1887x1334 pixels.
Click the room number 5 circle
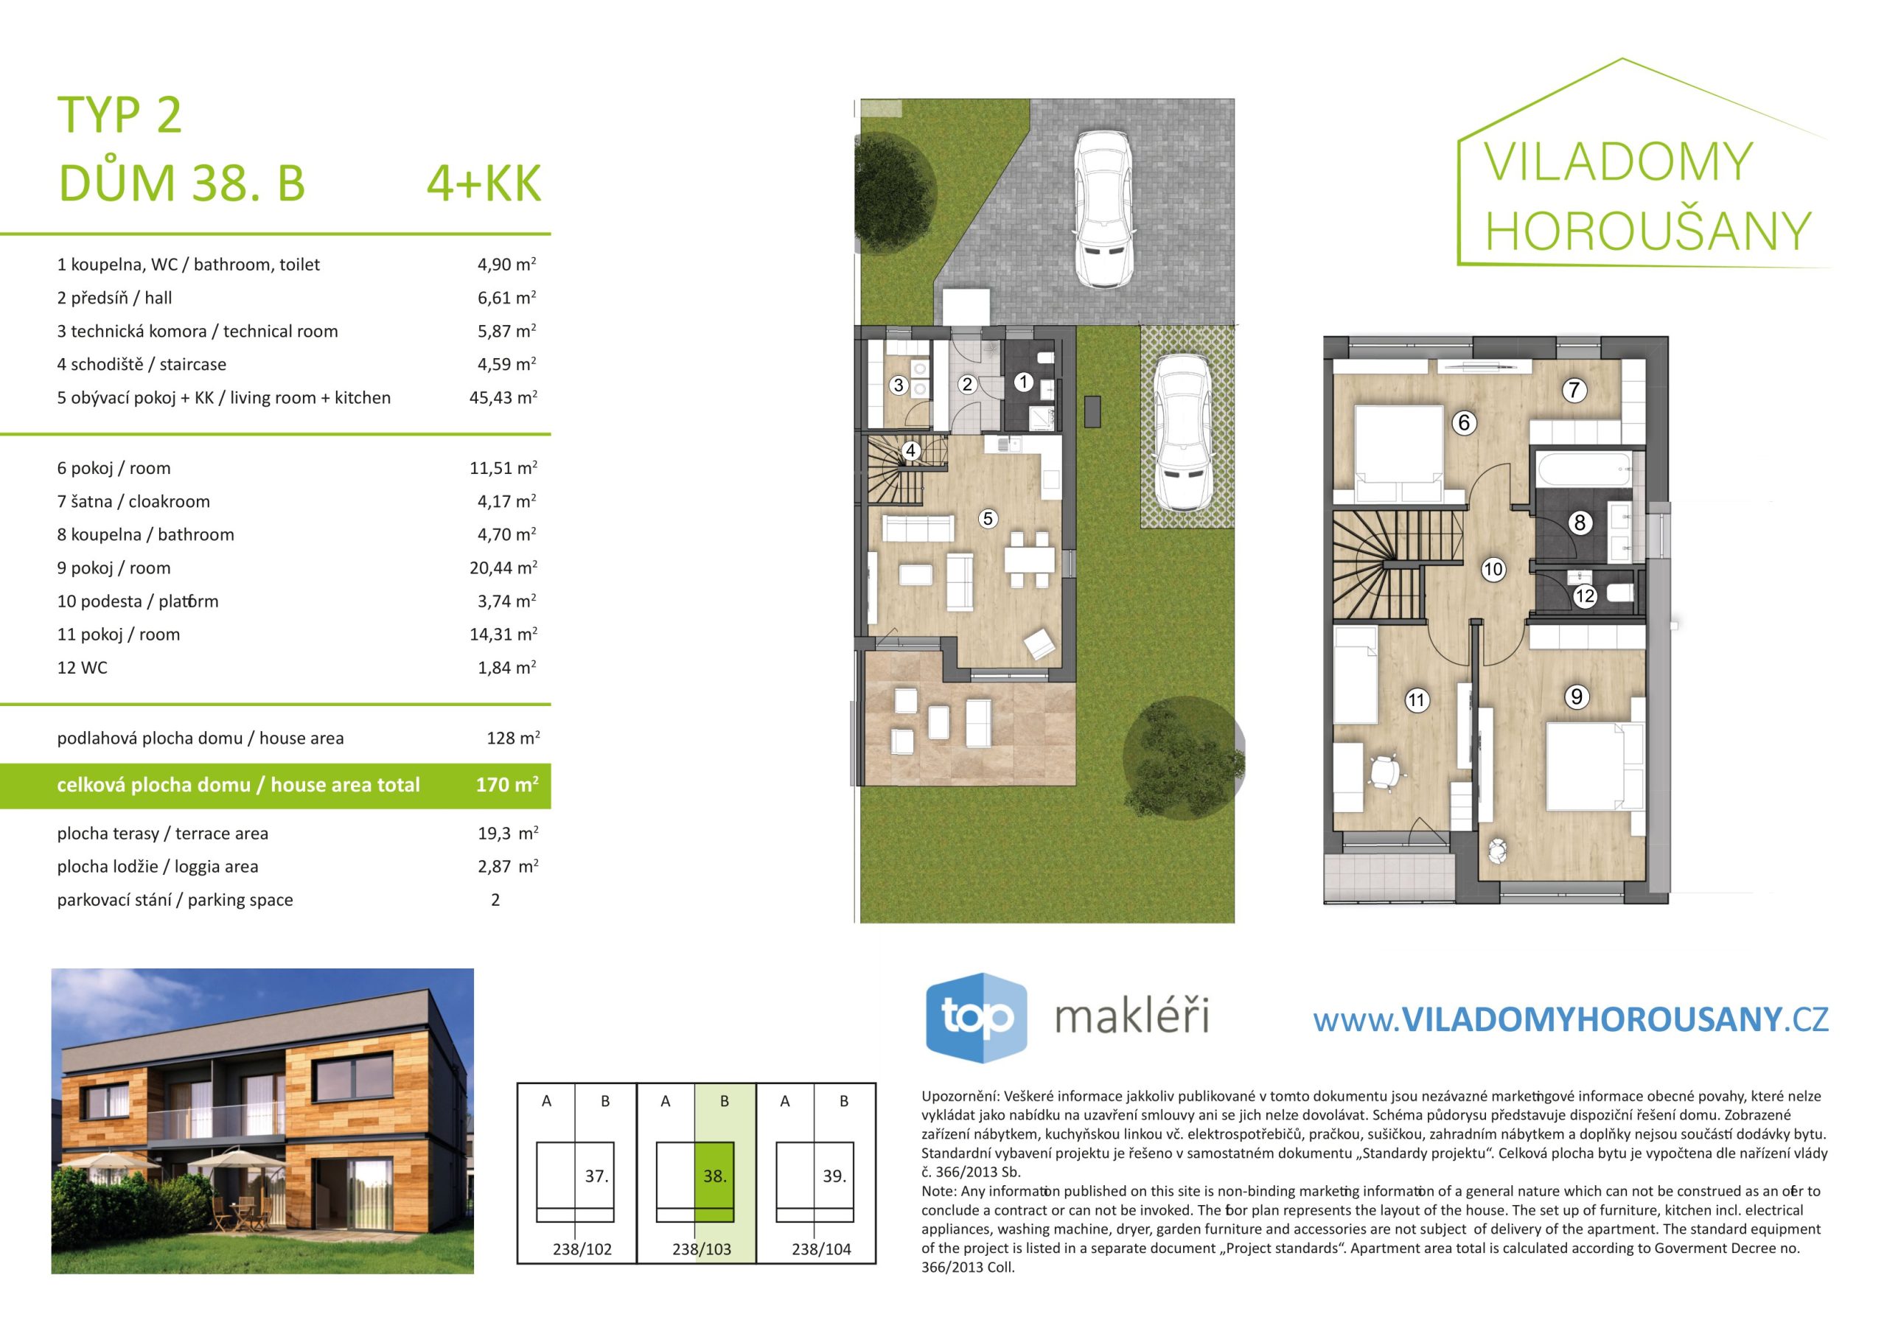pos(988,519)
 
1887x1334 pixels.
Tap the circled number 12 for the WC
pos(1585,597)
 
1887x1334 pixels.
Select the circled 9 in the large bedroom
pos(1577,697)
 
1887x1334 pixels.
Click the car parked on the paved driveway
pos(1103,209)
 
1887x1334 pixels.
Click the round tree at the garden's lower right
pos(1184,758)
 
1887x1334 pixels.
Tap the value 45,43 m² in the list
pos(503,398)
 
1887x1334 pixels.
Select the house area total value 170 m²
pos(507,785)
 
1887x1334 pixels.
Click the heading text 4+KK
pos(484,183)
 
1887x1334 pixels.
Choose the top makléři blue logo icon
pos(977,1018)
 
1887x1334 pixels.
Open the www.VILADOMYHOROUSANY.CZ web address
pos(1571,1020)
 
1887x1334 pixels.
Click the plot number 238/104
pos(821,1249)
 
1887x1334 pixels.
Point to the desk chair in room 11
pos(1386,772)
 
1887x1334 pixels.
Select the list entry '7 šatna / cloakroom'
pos(133,501)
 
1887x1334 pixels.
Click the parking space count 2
pos(495,900)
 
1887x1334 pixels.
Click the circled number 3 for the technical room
pos(899,385)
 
